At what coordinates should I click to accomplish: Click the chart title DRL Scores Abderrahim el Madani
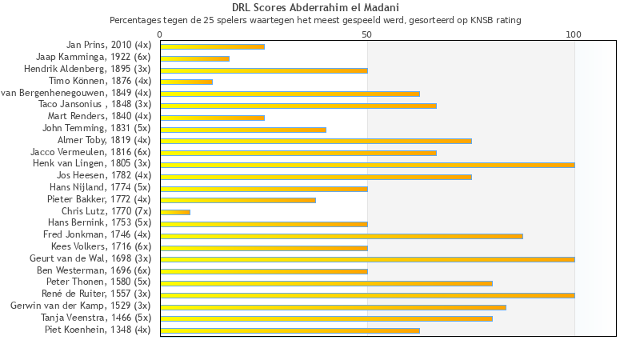pyautogui.click(x=315, y=8)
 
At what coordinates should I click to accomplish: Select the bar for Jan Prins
pyautogui.click(x=212, y=46)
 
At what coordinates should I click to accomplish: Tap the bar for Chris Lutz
pyautogui.click(x=175, y=212)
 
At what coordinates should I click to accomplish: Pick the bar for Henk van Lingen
pyautogui.click(x=367, y=165)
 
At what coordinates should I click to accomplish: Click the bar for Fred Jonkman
pyautogui.click(x=342, y=235)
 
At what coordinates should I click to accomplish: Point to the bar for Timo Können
pyautogui.click(x=186, y=82)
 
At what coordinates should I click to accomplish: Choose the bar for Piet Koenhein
pyautogui.click(x=290, y=330)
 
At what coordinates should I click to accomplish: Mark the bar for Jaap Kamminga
pyautogui.click(x=194, y=58)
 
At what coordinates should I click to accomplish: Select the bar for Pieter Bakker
pyautogui.click(x=238, y=200)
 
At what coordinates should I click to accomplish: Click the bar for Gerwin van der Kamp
pyautogui.click(x=333, y=306)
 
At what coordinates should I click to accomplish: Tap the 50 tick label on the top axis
pyautogui.click(x=366, y=35)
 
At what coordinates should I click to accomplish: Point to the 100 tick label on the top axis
pyautogui.click(x=574, y=35)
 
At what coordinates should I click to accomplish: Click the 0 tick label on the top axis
pyautogui.click(x=160, y=35)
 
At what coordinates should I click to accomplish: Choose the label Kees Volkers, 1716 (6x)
pyautogui.click(x=101, y=246)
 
